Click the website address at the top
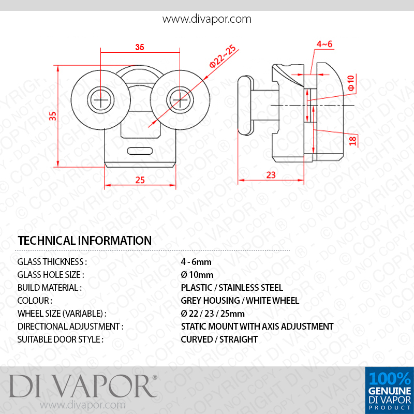[x=206, y=19]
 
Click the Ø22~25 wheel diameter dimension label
[x=223, y=56]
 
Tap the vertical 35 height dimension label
[x=53, y=116]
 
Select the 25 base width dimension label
[x=140, y=180]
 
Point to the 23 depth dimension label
[x=271, y=175]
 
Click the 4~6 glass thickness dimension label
[x=324, y=44]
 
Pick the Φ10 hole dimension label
[x=351, y=83]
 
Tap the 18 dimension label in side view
[x=353, y=140]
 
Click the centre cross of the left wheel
[x=100, y=100]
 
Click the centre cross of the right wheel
[x=180, y=100]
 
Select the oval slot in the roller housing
[x=140, y=151]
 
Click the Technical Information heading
[x=85, y=241]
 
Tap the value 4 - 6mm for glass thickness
[x=196, y=262]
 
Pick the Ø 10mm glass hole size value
[x=197, y=275]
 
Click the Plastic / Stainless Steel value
[x=232, y=288]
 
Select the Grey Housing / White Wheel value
[x=240, y=301]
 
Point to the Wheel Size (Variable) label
[x=62, y=314]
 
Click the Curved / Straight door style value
[x=219, y=339]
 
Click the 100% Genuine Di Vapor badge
[x=390, y=390]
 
